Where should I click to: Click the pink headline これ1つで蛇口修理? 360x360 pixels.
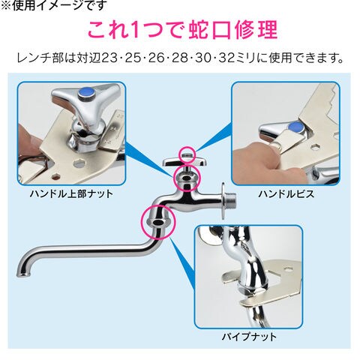coord(182,30)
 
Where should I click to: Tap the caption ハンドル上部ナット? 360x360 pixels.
coord(71,194)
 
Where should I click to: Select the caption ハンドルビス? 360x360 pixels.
coord(286,194)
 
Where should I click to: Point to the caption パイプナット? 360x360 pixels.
coord(249,337)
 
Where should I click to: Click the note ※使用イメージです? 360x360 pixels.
coord(53,5)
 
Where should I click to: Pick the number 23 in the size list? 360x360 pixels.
coord(109,58)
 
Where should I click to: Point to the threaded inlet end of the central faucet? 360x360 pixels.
coord(231,200)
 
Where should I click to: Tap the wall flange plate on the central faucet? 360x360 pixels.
coord(223,201)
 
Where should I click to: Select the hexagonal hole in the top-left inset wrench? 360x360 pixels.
coord(79,163)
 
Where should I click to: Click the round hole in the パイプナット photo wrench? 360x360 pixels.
coord(289,269)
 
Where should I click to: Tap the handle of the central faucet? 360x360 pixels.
coord(184,162)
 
